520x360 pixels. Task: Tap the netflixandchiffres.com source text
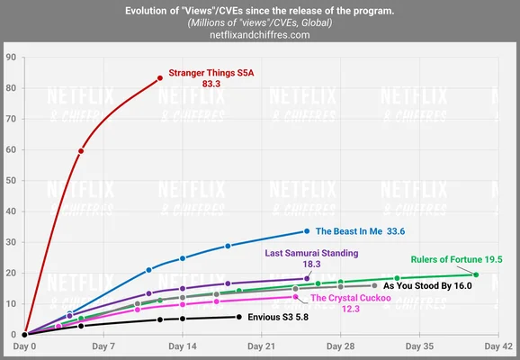coord(259,34)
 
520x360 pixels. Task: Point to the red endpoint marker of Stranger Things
coord(160,77)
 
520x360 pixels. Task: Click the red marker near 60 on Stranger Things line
coord(81,150)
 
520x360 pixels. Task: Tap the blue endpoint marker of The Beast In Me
coord(307,230)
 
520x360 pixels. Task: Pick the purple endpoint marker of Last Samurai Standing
coord(307,278)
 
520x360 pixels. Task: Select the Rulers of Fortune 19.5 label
coord(456,259)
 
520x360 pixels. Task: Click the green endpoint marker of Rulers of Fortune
coord(476,274)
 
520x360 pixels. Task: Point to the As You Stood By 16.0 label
coord(427,285)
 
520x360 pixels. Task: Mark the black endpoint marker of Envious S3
coord(238,316)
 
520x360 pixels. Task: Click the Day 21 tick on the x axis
coord(261,346)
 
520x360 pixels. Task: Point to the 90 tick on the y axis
coord(11,57)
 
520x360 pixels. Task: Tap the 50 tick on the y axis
coord(11,180)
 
